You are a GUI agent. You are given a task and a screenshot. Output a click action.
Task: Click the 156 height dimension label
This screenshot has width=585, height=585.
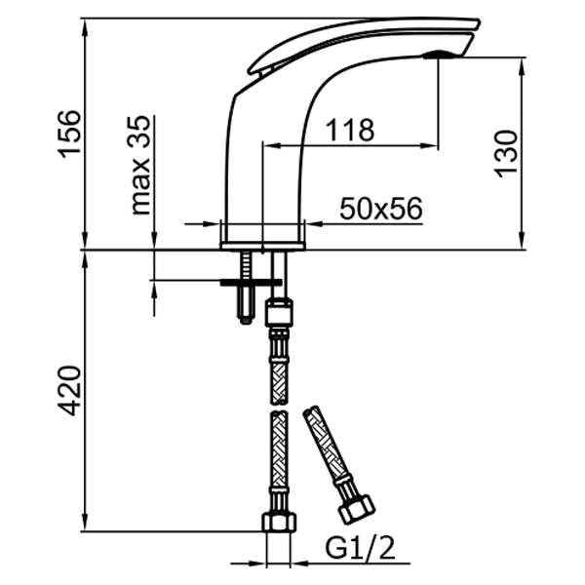[x=69, y=134]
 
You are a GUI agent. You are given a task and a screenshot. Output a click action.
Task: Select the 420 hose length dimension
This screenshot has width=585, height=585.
[x=69, y=391]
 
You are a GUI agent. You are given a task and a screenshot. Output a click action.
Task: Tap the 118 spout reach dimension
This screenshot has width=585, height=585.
[x=350, y=130]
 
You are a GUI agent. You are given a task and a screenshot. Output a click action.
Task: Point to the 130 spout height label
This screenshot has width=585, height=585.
[x=506, y=153]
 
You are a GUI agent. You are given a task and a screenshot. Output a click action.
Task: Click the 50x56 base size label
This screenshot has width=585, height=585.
[x=381, y=209]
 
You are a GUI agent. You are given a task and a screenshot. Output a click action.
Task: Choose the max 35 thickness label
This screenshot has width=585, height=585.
[x=140, y=166]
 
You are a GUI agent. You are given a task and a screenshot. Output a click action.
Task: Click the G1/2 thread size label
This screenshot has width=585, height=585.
[x=360, y=548]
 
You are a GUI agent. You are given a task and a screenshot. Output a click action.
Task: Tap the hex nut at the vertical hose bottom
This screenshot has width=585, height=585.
[x=280, y=522]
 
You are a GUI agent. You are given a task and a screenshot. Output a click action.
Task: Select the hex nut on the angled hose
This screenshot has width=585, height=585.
[x=356, y=509]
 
